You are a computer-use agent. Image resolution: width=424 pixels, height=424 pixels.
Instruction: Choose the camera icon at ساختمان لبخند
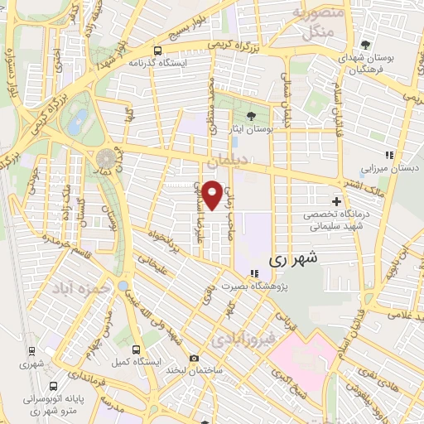(x=194, y=358)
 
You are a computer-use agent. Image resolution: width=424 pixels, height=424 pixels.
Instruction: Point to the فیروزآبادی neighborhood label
(x=240, y=339)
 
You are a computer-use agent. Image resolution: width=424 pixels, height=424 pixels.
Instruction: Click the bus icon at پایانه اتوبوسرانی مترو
(x=53, y=386)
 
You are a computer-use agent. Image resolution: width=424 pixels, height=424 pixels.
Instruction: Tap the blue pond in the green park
(x=79, y=122)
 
